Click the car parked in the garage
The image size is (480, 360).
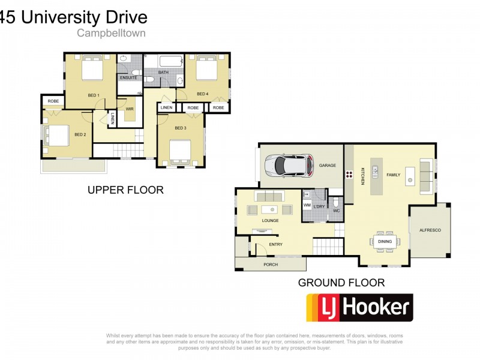290,165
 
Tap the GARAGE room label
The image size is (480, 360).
327,165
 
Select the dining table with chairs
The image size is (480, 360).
385,241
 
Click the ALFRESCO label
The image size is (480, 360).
430,230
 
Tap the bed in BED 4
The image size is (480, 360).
205,69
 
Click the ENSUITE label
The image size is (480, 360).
128,78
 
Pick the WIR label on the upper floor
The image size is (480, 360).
130,109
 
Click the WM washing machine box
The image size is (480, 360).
307,206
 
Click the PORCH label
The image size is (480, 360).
271,264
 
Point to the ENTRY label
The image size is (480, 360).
275,244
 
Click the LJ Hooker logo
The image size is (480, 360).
359,308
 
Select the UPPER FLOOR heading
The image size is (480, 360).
125,190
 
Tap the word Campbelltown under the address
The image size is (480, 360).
110,34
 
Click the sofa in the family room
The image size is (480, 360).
427,176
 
